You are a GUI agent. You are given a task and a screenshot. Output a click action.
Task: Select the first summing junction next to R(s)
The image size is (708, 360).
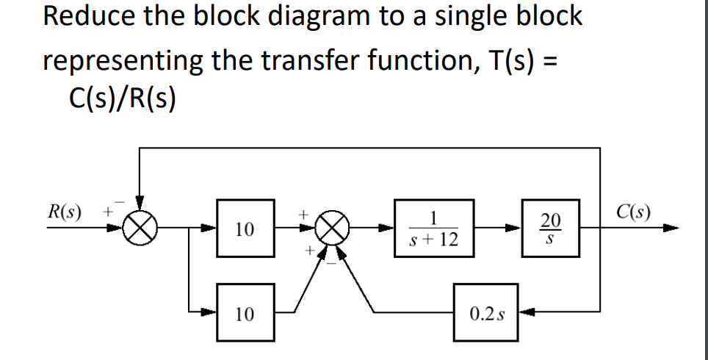click(140, 228)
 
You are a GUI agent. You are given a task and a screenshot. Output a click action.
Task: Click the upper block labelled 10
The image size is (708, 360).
click(245, 228)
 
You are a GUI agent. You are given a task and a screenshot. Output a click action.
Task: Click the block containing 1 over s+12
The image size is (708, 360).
click(433, 228)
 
